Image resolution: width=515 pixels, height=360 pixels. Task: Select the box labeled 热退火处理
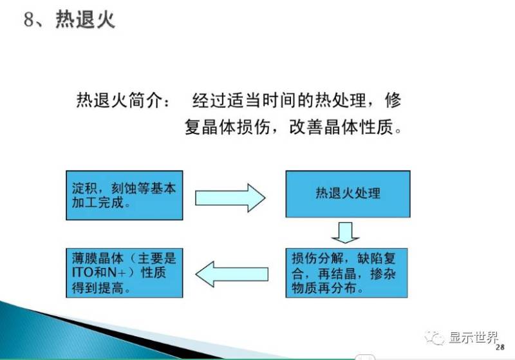tap(348, 193)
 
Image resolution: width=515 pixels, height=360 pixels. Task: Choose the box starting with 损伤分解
tap(346, 273)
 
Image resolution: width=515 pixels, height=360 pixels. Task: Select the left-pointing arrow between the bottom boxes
tap(230, 274)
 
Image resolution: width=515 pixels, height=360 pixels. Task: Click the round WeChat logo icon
tap(438, 337)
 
